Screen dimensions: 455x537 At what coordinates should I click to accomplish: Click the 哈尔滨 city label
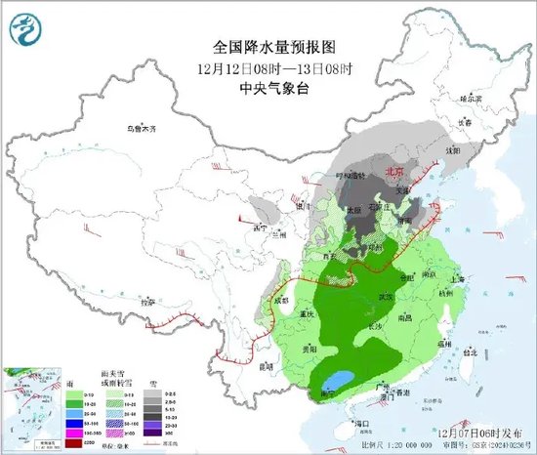(471, 99)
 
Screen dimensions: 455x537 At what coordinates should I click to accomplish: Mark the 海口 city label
(364, 422)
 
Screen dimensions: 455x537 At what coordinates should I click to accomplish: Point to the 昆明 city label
(265, 367)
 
